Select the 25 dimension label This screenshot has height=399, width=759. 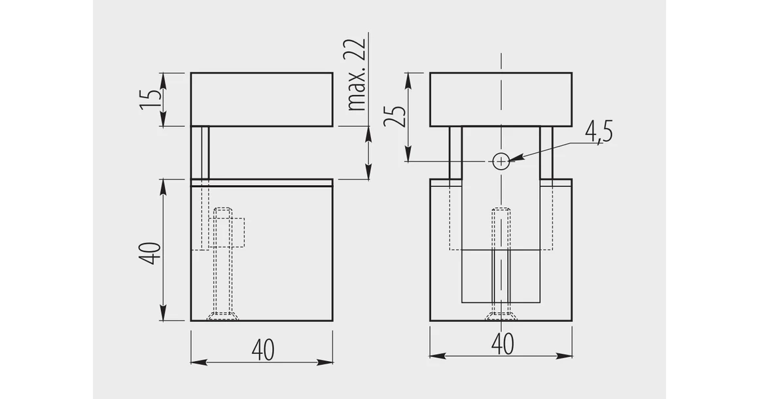coord(395,115)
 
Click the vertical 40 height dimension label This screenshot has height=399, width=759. coord(150,253)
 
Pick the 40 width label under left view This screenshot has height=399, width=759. coord(263,350)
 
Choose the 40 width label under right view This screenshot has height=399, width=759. coord(503,344)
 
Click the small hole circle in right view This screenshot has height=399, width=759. coord(501,161)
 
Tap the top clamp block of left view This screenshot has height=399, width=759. coord(261,99)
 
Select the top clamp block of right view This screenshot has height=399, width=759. coord(501,99)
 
